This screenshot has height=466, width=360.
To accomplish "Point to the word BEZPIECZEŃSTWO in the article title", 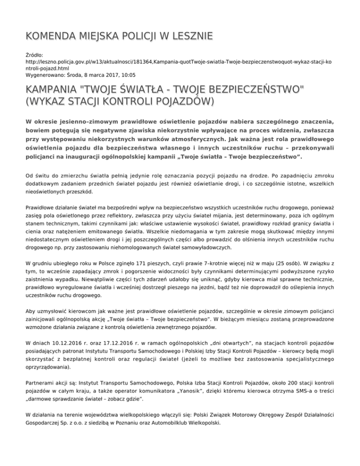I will tap(253, 89).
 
